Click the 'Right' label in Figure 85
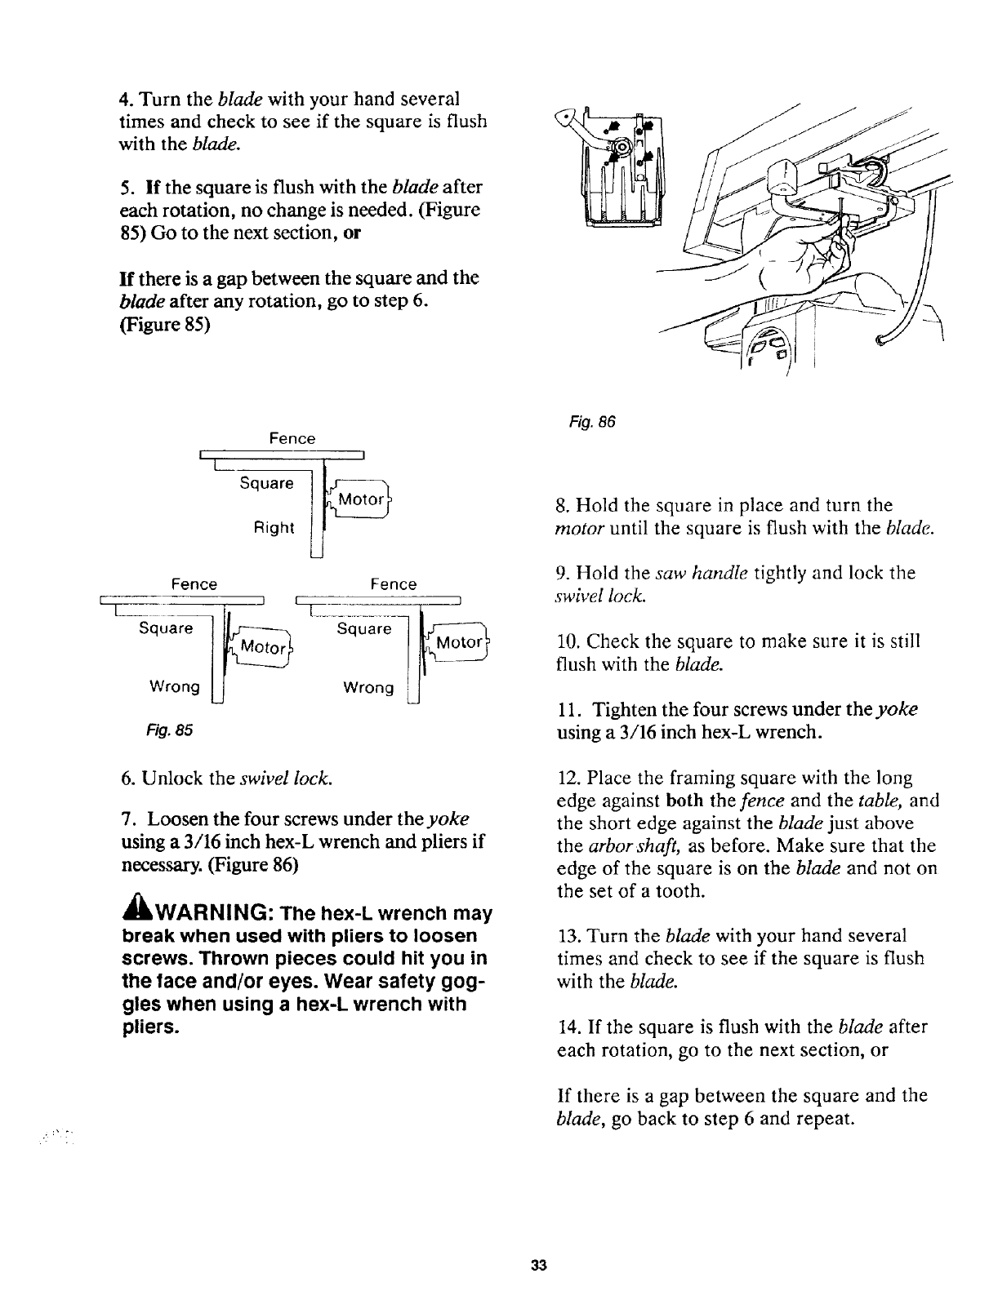273,527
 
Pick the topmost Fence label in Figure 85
292,439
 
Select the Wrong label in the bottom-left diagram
173,686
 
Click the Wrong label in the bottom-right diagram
368,688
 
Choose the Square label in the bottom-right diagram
364,629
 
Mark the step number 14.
564,1027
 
